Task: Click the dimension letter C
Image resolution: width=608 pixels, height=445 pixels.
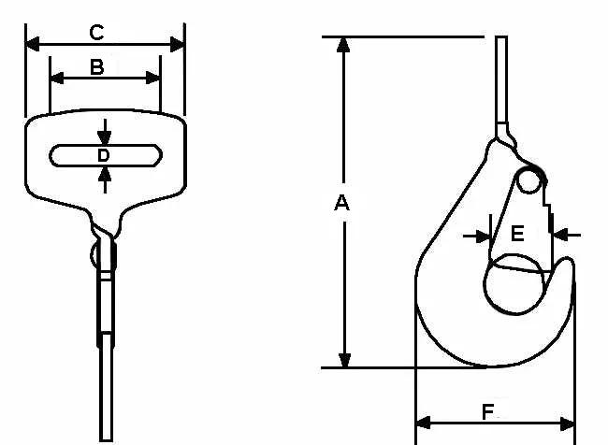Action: pos(96,33)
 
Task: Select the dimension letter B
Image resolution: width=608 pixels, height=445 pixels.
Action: pos(97,67)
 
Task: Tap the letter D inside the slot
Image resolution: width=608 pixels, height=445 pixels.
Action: pos(104,155)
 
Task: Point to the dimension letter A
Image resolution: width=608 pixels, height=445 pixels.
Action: pos(341,203)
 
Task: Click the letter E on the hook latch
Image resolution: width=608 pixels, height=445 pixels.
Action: pos(517,234)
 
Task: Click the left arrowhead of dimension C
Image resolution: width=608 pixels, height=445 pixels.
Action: pos(33,44)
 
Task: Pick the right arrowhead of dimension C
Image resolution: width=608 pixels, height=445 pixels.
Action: pos(177,44)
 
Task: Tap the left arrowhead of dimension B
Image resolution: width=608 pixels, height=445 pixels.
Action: pos(57,78)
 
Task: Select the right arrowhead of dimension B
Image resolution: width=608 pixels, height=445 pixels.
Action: pos(152,78)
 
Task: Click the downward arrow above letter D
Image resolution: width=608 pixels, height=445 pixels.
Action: pos(105,132)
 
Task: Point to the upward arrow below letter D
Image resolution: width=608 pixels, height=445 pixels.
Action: pos(105,179)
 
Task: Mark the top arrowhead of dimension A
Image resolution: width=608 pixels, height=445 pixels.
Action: pos(343,45)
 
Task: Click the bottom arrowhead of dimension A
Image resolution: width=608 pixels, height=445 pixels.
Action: pos(344,360)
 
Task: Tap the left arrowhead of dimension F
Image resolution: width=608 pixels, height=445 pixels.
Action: pos(423,423)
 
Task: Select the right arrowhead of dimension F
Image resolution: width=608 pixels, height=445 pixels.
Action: pos(567,423)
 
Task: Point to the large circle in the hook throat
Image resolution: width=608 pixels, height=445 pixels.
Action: pos(485,284)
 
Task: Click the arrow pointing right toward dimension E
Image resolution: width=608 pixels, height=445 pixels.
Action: pos(477,236)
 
